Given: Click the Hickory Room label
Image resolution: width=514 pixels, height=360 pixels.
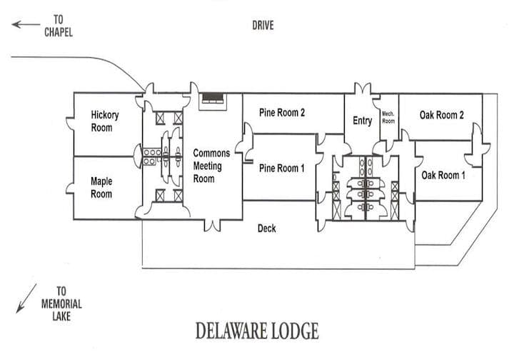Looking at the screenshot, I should coord(104,121).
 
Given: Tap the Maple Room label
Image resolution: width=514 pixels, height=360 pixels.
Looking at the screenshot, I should coord(101,188).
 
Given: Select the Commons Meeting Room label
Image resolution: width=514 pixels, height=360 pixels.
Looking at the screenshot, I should coord(212,166).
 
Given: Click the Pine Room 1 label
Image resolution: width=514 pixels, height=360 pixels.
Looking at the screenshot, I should coord(282,169).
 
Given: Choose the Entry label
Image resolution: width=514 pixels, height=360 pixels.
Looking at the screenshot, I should coord(362,121).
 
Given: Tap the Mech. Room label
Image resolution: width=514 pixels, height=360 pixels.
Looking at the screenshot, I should coord(388,117).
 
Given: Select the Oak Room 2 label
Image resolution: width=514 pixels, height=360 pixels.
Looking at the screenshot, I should coord(442,115).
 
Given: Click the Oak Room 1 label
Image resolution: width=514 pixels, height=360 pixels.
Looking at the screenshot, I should coord(443,175).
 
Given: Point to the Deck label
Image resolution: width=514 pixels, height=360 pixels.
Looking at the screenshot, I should coord(267,229).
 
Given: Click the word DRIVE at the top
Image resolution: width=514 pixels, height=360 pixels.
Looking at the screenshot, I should coord(263,26).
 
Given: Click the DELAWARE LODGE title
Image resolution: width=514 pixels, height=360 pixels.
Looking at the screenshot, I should coord(257,332).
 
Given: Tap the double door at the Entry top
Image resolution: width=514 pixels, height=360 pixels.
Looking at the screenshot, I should coord(362,90).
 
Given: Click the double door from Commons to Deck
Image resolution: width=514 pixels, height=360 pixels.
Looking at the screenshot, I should coord(212,226).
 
